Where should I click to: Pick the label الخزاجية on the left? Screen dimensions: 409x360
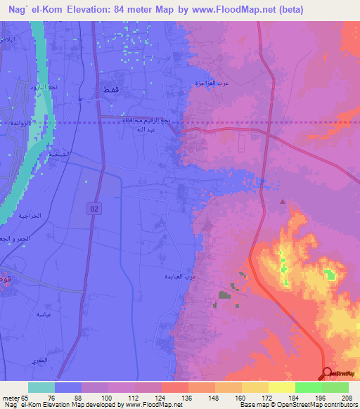click(15, 218)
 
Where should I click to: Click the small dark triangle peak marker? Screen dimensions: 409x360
click(283, 202)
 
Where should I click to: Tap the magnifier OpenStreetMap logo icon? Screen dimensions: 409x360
click(327, 372)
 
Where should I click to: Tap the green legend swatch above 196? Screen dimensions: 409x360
click(308, 387)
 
